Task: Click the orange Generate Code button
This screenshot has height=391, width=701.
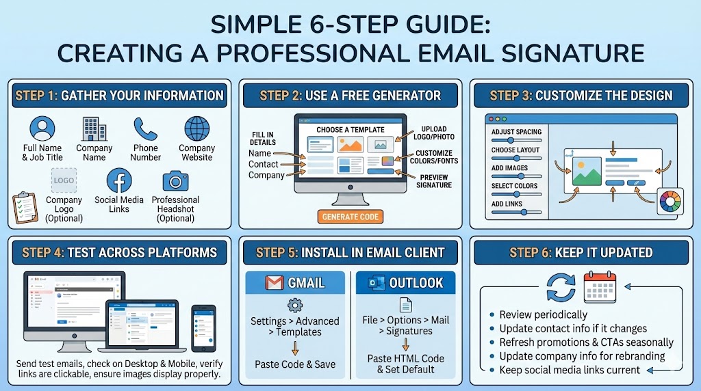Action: point(350,217)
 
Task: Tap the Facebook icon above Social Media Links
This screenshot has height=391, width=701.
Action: point(119,181)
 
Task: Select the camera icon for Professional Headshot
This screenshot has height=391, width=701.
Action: point(175,181)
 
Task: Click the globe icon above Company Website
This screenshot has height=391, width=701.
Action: point(196,129)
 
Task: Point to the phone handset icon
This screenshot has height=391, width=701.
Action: point(145,129)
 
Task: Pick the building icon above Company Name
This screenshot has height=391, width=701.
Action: point(94,129)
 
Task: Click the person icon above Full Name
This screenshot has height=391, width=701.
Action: point(42,129)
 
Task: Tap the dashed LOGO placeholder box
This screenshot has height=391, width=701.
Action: point(64,181)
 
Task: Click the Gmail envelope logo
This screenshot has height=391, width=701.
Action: point(275,283)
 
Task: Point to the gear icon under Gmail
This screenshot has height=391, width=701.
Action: point(295,305)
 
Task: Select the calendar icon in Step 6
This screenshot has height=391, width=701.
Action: point(600,287)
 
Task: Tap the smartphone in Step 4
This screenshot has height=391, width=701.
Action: point(203,328)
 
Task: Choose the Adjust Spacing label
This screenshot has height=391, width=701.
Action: point(516,132)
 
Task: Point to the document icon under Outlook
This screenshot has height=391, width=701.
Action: point(406,305)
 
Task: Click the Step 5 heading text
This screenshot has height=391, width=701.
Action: point(350,252)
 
